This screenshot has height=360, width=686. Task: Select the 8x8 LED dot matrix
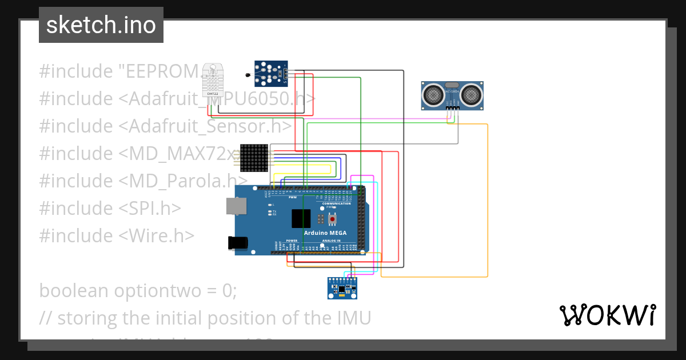coord(254,158)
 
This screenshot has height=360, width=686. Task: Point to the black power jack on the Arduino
coord(237,242)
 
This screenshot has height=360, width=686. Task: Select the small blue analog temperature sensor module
coord(271,73)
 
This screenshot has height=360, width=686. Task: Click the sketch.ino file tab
coord(101,25)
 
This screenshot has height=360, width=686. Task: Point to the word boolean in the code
coord(74,291)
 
